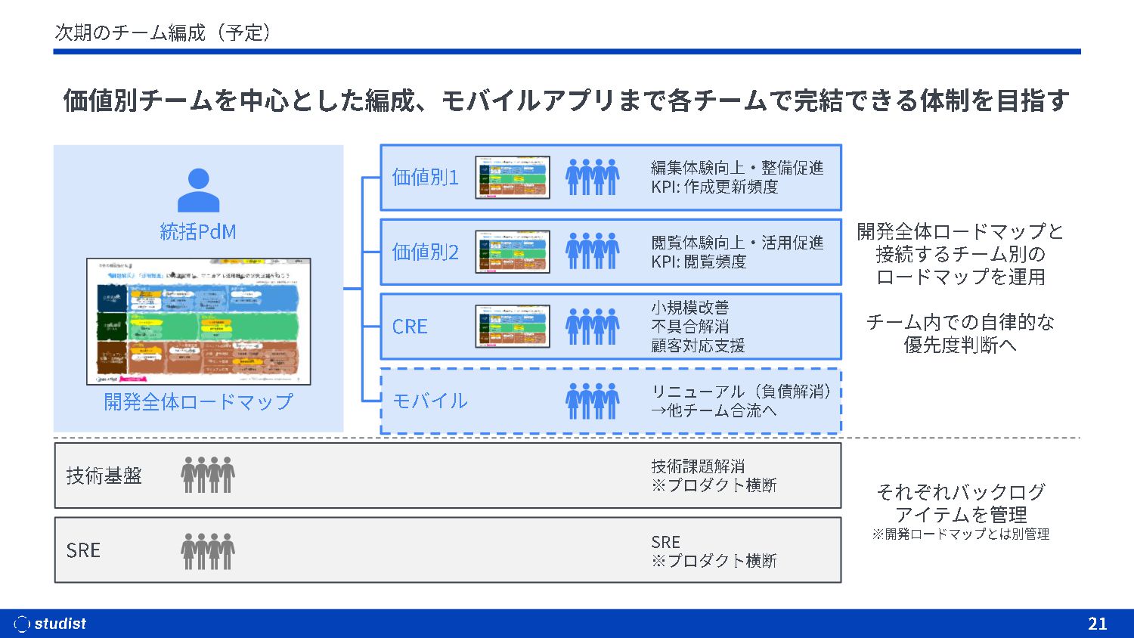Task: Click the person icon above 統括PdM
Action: pyautogui.click(x=198, y=190)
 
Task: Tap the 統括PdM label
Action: pyautogui.click(x=198, y=231)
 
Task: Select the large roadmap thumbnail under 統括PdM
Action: pyautogui.click(x=199, y=321)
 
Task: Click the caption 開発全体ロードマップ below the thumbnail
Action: pyautogui.click(x=198, y=402)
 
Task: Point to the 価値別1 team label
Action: pyautogui.click(x=425, y=178)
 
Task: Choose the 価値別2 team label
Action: pyautogui.click(x=425, y=252)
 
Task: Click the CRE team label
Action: pyautogui.click(x=410, y=327)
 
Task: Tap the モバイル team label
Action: pyautogui.click(x=430, y=401)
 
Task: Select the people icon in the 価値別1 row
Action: pyautogui.click(x=592, y=178)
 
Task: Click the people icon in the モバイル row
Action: pyautogui.click(x=592, y=401)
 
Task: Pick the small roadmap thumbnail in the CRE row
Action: pyautogui.click(x=512, y=327)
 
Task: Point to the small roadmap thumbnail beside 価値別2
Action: pyautogui.click(x=512, y=252)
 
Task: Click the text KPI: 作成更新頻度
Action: pyautogui.click(x=714, y=187)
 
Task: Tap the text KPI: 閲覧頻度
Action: pyautogui.click(x=699, y=262)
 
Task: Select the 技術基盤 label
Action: pyautogui.click(x=104, y=475)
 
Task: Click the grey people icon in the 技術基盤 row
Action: pyautogui.click(x=208, y=475)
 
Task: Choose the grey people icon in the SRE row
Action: pyautogui.click(x=208, y=550)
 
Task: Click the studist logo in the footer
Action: pyautogui.click(x=51, y=624)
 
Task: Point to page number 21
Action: pyautogui.click(x=1097, y=624)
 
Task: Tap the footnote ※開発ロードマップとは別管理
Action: pyautogui.click(x=960, y=534)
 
